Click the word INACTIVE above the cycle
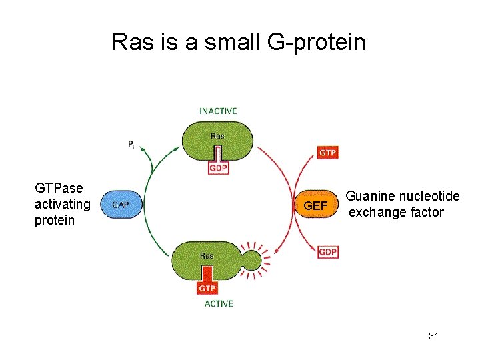(x=218, y=111)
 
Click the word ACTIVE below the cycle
(x=218, y=303)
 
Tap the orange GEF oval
(x=315, y=205)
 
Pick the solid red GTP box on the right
(x=327, y=153)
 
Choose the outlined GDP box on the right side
(x=327, y=252)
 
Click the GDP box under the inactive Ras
(x=218, y=168)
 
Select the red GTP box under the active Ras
(x=207, y=288)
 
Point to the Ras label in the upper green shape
(x=218, y=136)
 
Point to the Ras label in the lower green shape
(x=207, y=255)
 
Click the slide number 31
(x=433, y=336)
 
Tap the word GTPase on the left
(x=59, y=189)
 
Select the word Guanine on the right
(x=371, y=196)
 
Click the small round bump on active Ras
(x=251, y=259)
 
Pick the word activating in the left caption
(x=62, y=204)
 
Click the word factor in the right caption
(x=427, y=212)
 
